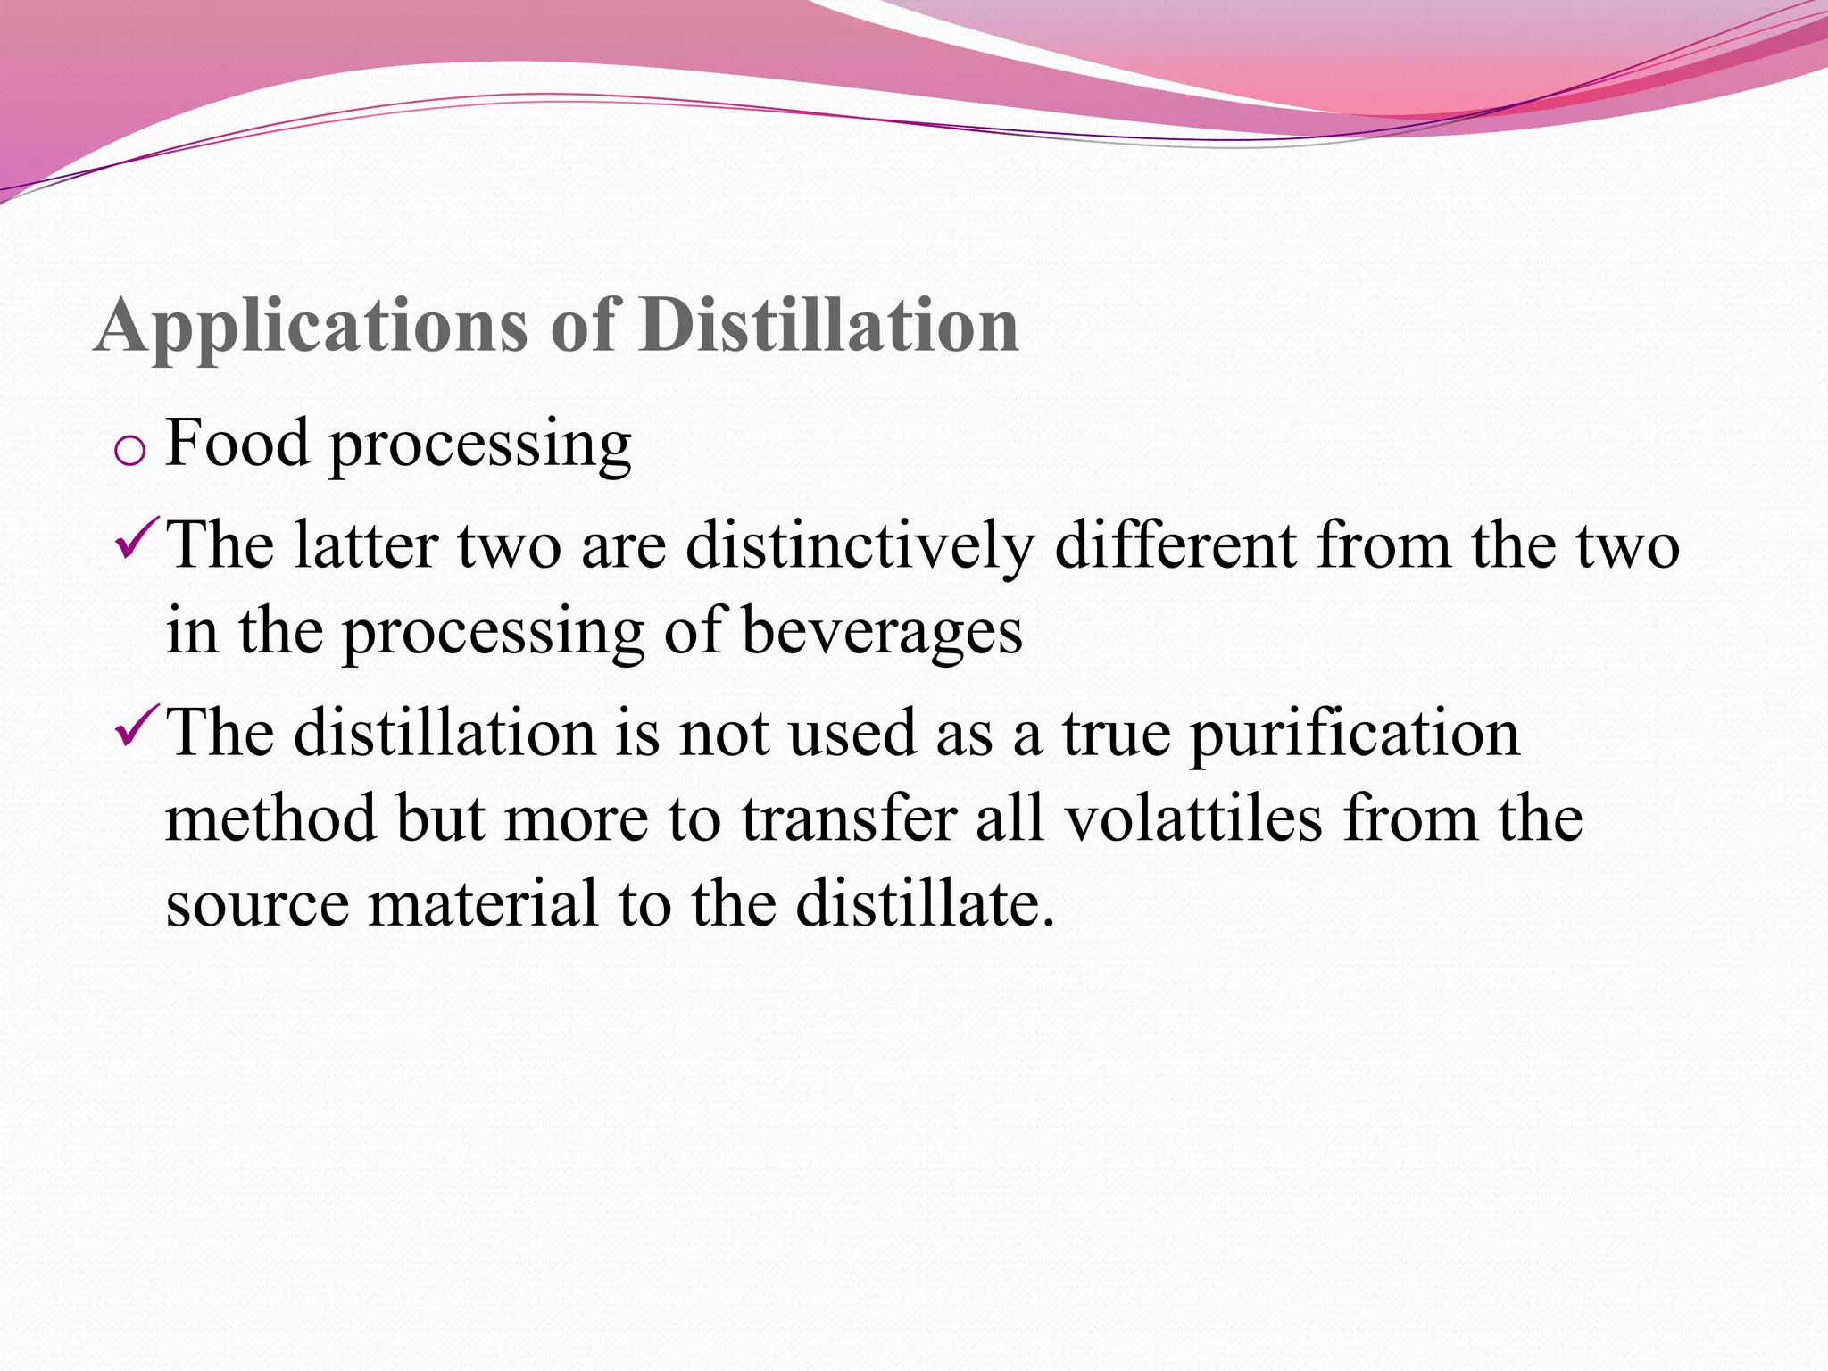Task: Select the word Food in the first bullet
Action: coord(237,443)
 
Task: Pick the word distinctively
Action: coord(860,546)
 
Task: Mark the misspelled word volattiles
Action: coord(1193,818)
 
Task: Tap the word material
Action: coord(482,903)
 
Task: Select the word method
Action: coord(271,818)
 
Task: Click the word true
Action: coord(1116,734)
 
